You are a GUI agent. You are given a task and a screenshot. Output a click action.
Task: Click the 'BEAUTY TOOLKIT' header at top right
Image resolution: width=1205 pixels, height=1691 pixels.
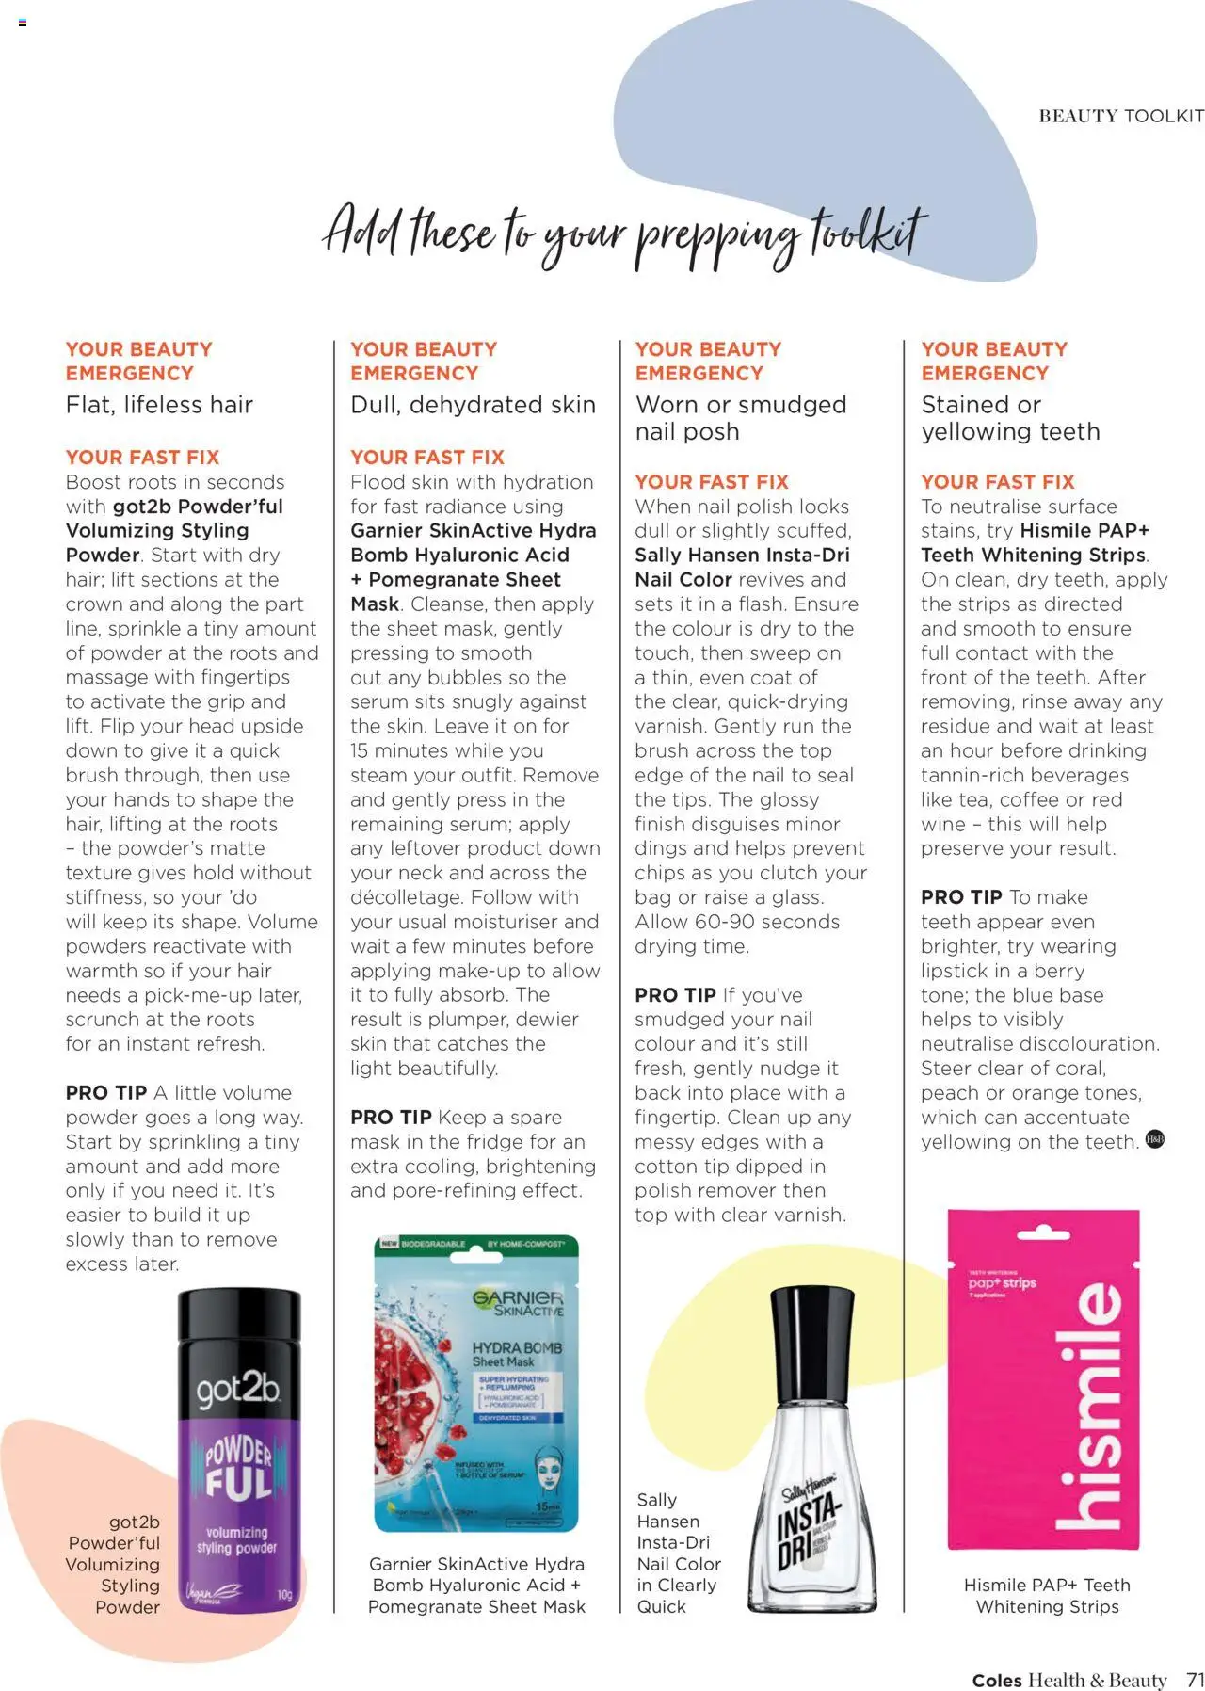click(x=1120, y=116)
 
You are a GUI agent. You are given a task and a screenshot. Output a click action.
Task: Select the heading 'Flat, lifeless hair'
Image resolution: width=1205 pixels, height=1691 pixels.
click(x=159, y=405)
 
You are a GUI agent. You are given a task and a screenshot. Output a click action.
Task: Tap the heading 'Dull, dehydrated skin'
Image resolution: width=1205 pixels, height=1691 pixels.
click(x=473, y=405)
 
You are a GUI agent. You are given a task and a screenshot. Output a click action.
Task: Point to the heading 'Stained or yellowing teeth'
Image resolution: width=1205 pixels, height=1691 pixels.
click(x=1010, y=418)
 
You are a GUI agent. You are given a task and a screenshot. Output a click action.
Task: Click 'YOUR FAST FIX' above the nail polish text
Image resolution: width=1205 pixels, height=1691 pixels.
click(x=711, y=482)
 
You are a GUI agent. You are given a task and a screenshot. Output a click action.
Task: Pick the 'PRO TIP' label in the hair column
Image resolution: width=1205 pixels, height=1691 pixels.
click(x=106, y=1093)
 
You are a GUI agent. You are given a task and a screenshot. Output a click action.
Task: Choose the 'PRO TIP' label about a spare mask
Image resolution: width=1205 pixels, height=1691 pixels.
click(x=391, y=1118)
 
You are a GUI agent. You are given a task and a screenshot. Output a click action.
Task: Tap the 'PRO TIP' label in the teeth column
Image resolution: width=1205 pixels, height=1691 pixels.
click(x=961, y=897)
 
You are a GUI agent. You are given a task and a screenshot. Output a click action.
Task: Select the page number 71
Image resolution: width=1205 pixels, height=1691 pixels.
click(x=1195, y=1680)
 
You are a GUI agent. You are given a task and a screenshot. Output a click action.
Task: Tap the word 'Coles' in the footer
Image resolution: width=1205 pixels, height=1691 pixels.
click(x=997, y=1681)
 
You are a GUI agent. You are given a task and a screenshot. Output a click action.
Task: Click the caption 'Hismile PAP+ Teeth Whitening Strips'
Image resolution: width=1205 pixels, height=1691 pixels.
click(x=1047, y=1595)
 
